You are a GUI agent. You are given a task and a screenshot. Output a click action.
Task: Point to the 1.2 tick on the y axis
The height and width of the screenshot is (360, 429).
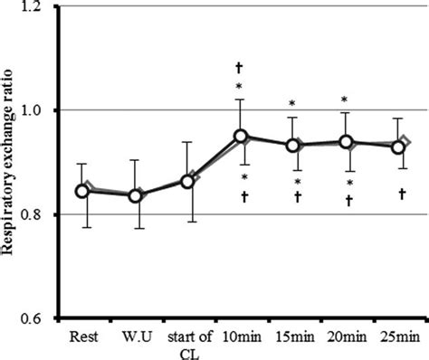(39, 7)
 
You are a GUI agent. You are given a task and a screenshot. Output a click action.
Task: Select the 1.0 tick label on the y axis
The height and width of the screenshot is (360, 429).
(39, 110)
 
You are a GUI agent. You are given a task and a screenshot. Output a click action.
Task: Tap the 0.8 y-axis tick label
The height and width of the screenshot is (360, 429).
(39, 215)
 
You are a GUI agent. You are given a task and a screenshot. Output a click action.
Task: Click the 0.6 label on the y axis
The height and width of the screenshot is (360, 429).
(39, 319)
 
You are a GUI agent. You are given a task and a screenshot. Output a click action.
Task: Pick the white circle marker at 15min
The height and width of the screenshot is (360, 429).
(292, 146)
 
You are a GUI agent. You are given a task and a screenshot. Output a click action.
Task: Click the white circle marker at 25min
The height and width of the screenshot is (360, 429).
(397, 147)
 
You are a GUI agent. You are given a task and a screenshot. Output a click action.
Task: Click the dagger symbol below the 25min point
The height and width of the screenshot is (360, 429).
(399, 194)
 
